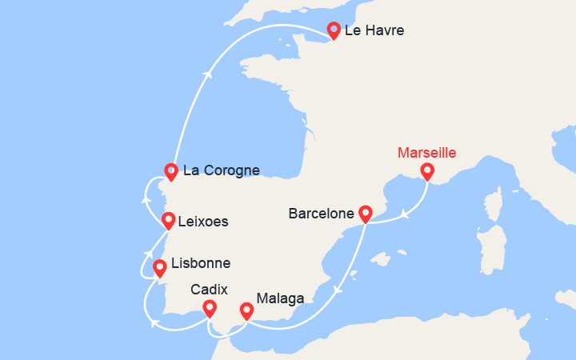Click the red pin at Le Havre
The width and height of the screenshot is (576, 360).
(334, 30)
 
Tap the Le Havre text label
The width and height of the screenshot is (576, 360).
(374, 31)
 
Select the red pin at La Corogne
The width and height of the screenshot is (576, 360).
(170, 170)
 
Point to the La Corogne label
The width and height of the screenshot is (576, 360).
(222, 170)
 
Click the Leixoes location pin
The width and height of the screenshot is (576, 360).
(168, 220)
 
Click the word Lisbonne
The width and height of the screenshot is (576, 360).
(201, 263)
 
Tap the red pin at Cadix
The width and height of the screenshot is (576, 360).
(210, 307)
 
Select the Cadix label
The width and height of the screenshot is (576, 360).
(209, 290)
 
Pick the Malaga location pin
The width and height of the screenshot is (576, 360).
(246, 310)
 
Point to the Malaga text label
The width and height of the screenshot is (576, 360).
(280, 298)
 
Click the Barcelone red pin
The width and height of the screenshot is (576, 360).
(366, 214)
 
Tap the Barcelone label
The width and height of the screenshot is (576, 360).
(321, 214)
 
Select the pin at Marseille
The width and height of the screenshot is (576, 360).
(427, 171)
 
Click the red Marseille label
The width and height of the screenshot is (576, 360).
(426, 152)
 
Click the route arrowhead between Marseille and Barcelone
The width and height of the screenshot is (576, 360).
(406, 214)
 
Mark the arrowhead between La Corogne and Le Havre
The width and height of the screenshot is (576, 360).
(208, 74)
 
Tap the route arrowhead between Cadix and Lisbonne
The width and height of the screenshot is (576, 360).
(154, 323)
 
